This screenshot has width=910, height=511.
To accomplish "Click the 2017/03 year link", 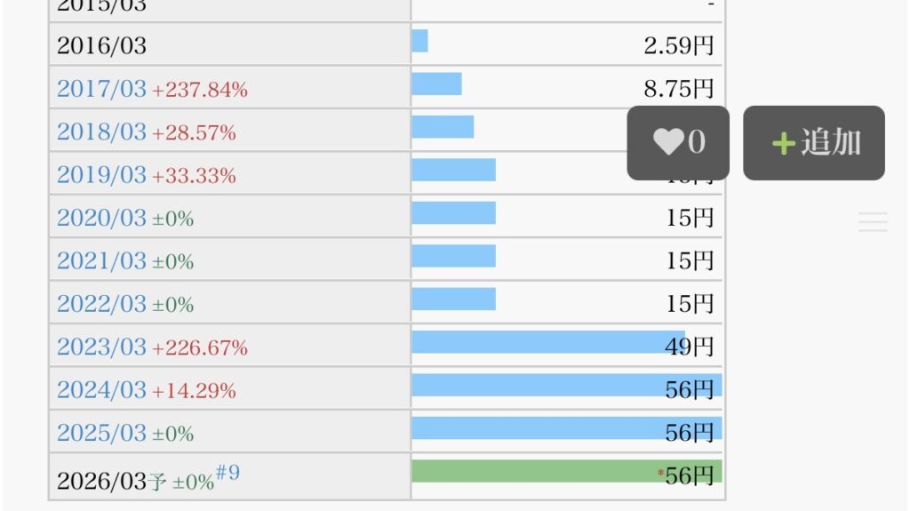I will [101, 89].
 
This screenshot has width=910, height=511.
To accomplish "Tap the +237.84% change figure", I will [200, 90].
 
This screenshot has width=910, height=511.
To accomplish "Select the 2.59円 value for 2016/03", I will [679, 45].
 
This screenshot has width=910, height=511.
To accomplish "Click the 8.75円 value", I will [679, 89].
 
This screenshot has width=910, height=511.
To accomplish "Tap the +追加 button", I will [814, 143].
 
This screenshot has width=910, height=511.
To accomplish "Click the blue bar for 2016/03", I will [419, 41].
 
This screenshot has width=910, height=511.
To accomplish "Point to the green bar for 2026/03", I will [533, 471].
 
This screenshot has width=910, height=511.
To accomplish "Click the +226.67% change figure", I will [200, 348].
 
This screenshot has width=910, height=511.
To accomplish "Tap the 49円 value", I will [689, 347].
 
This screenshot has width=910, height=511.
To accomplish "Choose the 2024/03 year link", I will [101, 390].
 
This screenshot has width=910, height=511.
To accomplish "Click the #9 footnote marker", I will [227, 473].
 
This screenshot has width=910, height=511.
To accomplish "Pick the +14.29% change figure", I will [194, 391].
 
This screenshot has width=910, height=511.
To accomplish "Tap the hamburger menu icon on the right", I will [873, 222].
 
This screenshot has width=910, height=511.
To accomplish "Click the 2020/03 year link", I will [101, 219].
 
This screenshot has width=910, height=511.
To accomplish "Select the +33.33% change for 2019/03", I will [194, 176].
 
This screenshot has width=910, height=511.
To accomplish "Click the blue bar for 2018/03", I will [443, 127].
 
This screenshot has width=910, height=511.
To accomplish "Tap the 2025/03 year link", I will [101, 434].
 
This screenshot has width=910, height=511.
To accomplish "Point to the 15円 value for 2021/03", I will [690, 261].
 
